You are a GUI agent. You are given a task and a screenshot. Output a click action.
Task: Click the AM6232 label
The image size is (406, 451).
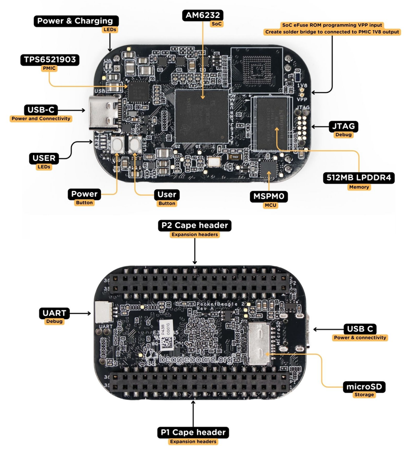click(x=203, y=15)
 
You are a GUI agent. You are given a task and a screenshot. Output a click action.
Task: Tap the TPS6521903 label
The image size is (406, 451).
click(x=50, y=59)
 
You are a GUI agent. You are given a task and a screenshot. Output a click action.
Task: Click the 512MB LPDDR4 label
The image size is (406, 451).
click(x=359, y=178)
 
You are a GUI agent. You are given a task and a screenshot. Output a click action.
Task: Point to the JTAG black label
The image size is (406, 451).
click(x=343, y=126)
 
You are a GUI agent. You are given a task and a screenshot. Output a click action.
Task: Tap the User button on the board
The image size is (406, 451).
click(x=134, y=144)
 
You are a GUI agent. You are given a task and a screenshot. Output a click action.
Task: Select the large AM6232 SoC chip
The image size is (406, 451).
click(x=202, y=116)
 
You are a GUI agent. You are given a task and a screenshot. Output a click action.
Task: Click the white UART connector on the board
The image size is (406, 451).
click(x=104, y=312)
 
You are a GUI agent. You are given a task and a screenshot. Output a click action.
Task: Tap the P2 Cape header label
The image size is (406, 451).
click(x=195, y=225)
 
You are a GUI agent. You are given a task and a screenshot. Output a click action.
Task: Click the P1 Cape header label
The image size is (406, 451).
click(x=193, y=432)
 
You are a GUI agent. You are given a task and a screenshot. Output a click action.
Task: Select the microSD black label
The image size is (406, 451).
click(x=364, y=386)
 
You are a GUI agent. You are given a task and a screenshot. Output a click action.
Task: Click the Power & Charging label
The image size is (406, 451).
click(x=75, y=21)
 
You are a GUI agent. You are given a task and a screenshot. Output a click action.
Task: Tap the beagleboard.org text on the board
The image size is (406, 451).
click(x=197, y=359)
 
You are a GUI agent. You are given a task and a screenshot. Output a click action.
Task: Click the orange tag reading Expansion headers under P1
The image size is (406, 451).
click(x=193, y=442)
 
